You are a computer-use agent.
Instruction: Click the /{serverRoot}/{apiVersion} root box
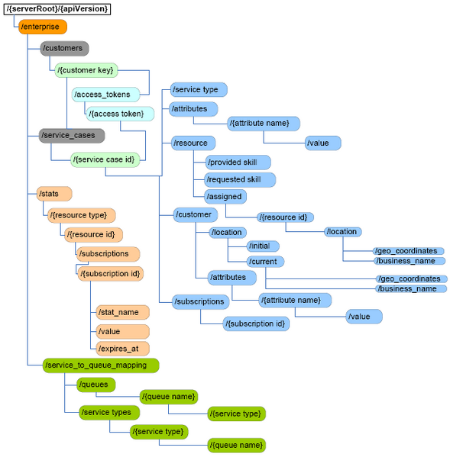pos(57,9)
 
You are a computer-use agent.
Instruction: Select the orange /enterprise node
pos(42,27)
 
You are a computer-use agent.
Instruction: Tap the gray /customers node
pos(64,49)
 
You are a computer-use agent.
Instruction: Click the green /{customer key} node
pos(86,70)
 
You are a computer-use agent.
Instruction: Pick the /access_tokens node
pos(106,95)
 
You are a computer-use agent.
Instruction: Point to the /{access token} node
pos(120,114)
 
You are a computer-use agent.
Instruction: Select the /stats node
pos(54,194)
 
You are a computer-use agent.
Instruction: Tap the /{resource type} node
pos(81,215)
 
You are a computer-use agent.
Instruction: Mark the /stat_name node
pos(122,312)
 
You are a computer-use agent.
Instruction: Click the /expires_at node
pos(121,349)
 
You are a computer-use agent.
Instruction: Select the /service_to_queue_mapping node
pos(100,365)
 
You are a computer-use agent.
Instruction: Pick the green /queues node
pos(96,385)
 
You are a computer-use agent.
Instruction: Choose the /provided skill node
pos(238,163)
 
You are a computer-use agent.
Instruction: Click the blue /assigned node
pos(224,196)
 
